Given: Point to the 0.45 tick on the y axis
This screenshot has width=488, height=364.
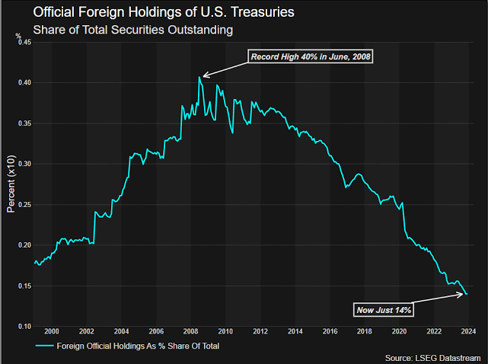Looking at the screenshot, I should (x=23, y=43).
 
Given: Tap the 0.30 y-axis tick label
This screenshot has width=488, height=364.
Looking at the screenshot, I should (x=23, y=164).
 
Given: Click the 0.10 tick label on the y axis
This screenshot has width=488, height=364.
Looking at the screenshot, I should (x=23, y=326).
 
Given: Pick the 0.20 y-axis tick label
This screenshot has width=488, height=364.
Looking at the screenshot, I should (x=23, y=245).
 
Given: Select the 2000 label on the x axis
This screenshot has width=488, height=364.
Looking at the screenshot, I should (x=52, y=331).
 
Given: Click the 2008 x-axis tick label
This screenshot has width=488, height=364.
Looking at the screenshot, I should (x=190, y=331).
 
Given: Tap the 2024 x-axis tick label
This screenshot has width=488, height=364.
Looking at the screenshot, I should (x=469, y=331).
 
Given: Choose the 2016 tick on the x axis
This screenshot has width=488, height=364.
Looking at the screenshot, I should (x=330, y=331).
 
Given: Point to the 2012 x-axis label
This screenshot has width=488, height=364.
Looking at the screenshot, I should (x=260, y=331).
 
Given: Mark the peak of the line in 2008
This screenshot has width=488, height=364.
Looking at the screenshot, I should (x=199, y=77).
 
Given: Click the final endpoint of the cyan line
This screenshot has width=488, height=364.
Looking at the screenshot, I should (x=467, y=294).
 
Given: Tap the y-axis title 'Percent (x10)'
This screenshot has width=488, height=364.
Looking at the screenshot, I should (x=11, y=184).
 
